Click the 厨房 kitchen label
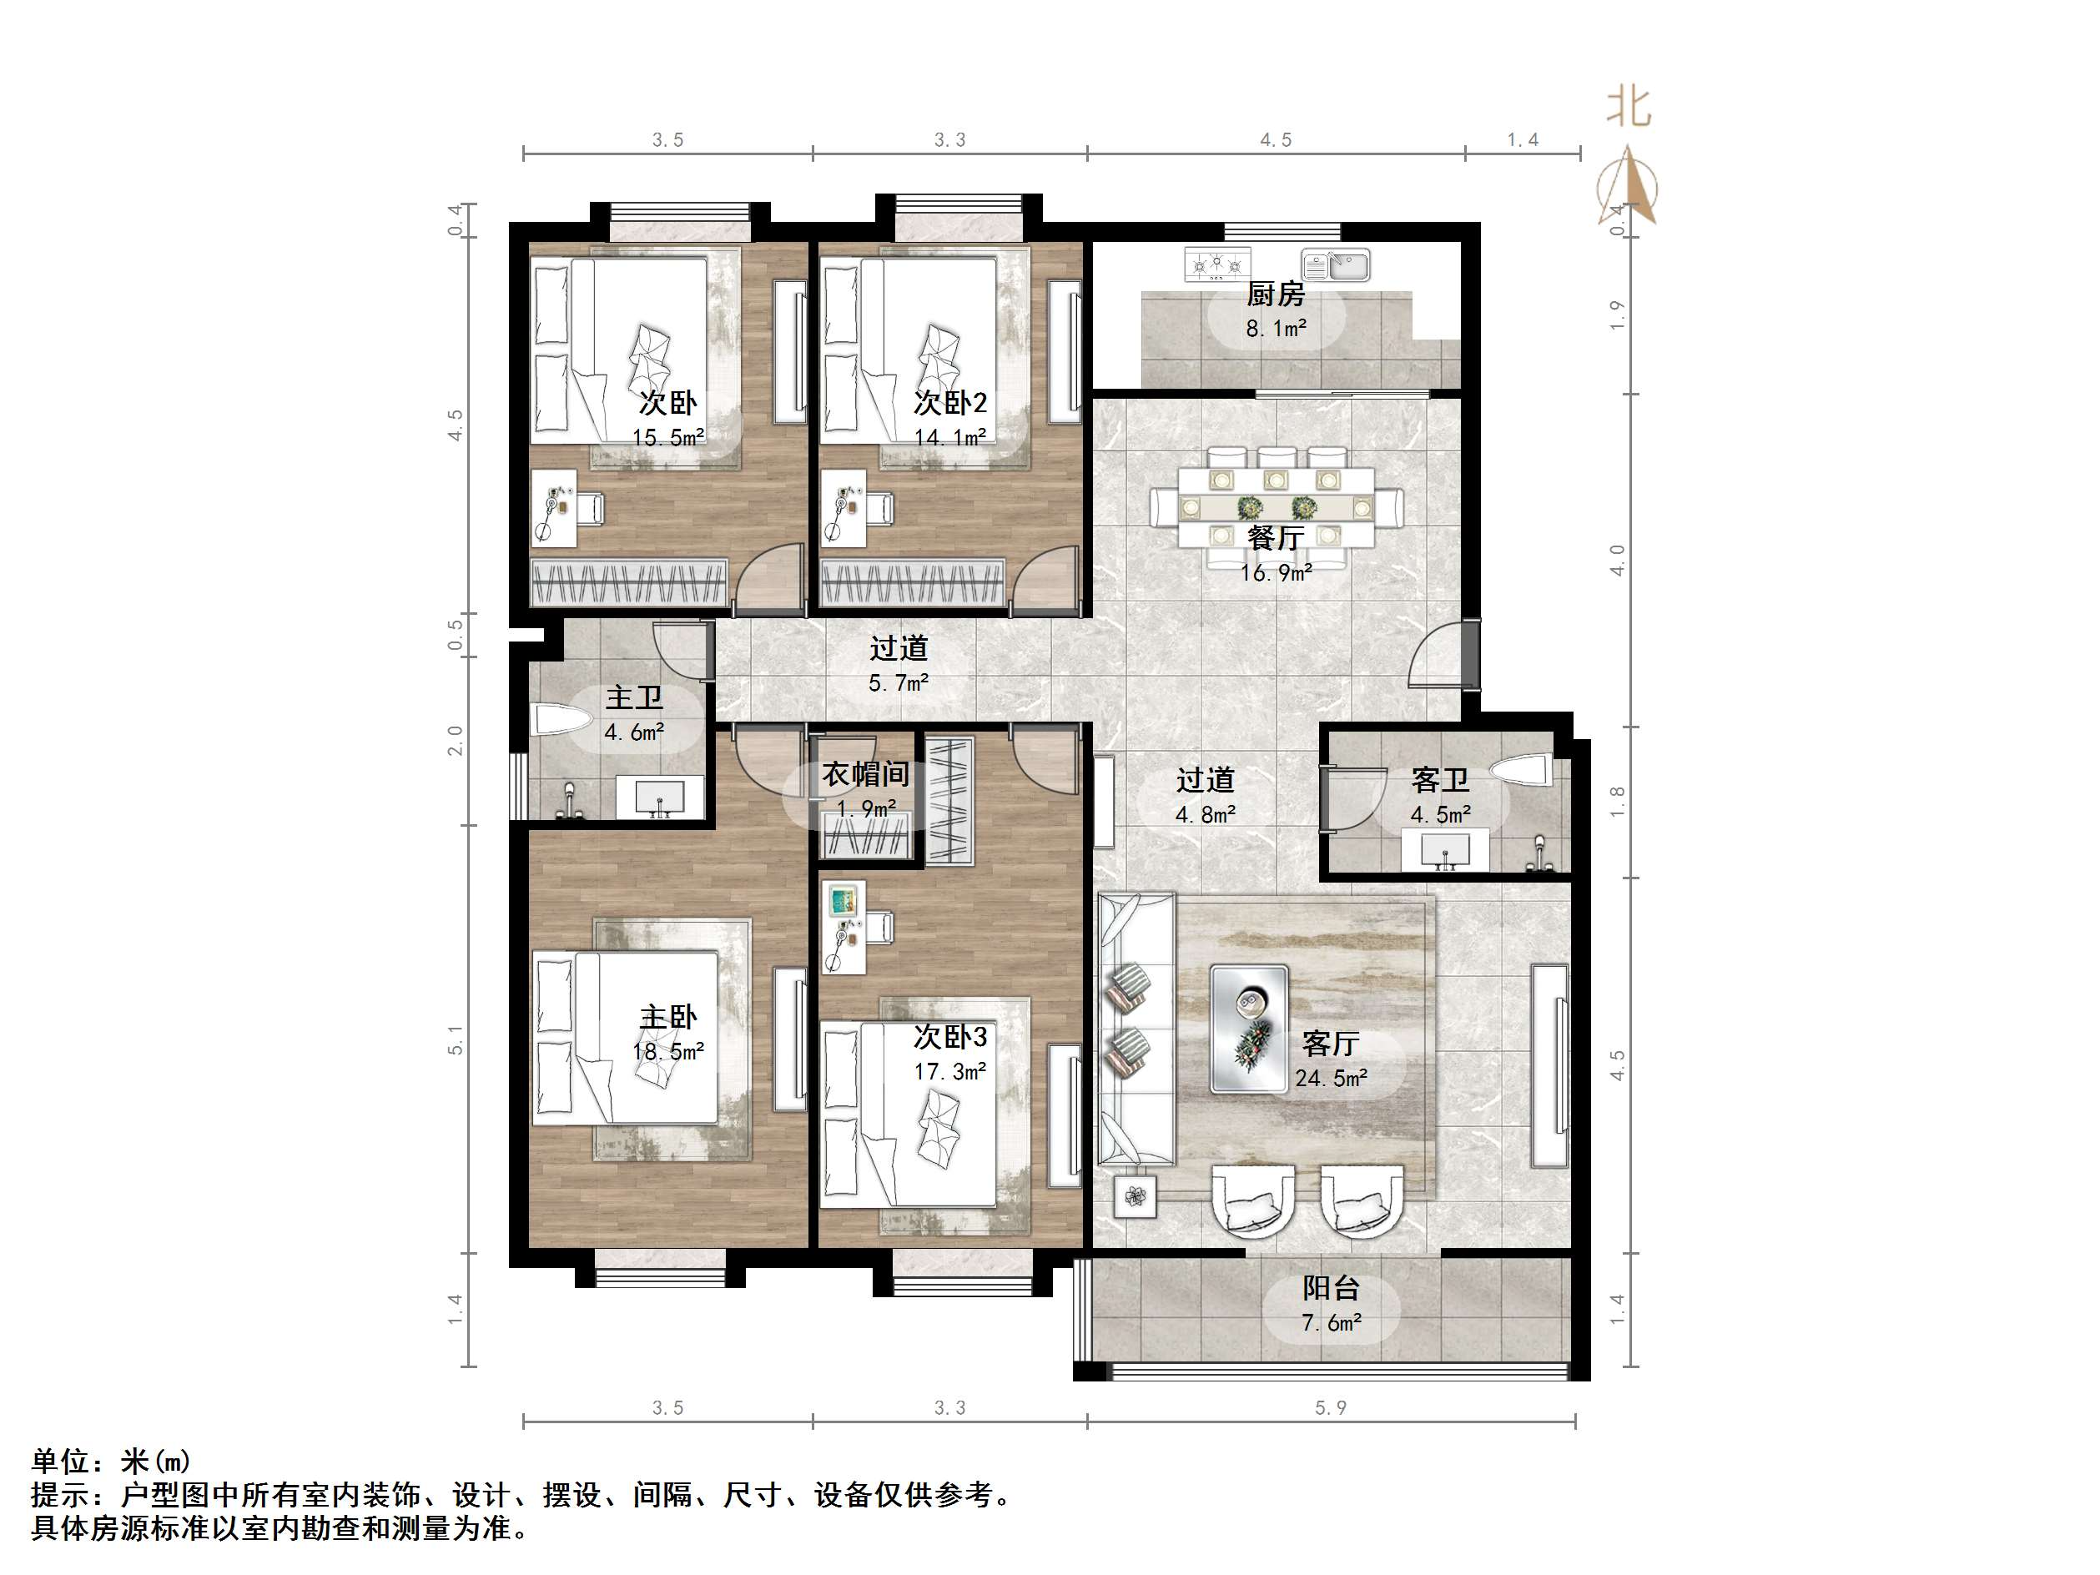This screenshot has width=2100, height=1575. [x=1275, y=294]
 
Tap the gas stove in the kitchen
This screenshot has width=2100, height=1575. [x=1217, y=263]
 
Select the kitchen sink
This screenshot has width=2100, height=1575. [x=1336, y=265]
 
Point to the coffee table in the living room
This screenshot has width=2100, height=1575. [x=1248, y=1028]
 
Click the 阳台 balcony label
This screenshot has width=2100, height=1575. [x=1330, y=1288]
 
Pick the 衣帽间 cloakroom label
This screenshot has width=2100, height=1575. [x=865, y=775]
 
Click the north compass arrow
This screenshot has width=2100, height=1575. [x=1629, y=185]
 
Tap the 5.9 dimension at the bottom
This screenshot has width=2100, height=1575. [x=1330, y=1408]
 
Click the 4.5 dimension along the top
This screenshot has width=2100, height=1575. [x=1275, y=140]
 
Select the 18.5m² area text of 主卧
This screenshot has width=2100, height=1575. [x=667, y=1052]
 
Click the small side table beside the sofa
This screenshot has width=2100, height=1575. [x=1135, y=1197]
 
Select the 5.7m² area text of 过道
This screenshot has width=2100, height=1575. [x=897, y=682]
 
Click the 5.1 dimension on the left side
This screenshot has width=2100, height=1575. [x=456, y=1039]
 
